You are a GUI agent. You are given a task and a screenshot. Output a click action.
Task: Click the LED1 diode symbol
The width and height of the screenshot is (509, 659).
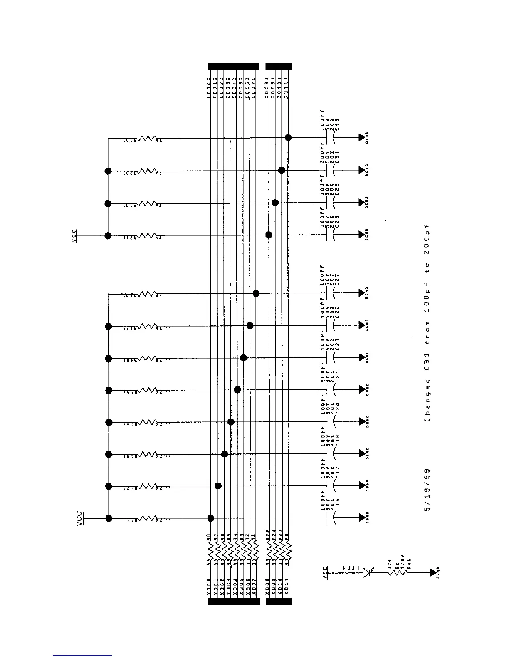click(x=366, y=573)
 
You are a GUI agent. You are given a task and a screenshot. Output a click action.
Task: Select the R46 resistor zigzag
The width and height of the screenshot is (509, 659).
click(x=398, y=573)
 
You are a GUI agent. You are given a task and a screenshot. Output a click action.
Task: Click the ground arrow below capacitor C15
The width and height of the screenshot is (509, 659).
click(x=361, y=137)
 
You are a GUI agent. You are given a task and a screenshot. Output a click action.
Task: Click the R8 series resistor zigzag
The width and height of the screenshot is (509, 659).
click(x=211, y=553)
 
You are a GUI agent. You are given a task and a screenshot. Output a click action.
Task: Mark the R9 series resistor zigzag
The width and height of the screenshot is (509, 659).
click(x=287, y=553)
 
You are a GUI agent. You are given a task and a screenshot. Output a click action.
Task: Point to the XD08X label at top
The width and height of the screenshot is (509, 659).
click(x=267, y=87)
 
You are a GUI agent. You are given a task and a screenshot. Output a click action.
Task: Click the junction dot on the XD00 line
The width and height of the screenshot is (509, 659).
click(x=211, y=518)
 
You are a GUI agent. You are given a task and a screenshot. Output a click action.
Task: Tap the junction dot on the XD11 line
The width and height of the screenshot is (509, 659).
click(x=288, y=137)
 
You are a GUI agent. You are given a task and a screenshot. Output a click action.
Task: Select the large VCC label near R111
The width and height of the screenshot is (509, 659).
click(x=79, y=519)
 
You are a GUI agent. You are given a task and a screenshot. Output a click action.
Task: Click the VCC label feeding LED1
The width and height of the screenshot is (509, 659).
click(x=326, y=573)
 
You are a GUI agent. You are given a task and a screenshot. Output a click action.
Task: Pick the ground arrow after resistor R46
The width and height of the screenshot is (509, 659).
click(x=433, y=573)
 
